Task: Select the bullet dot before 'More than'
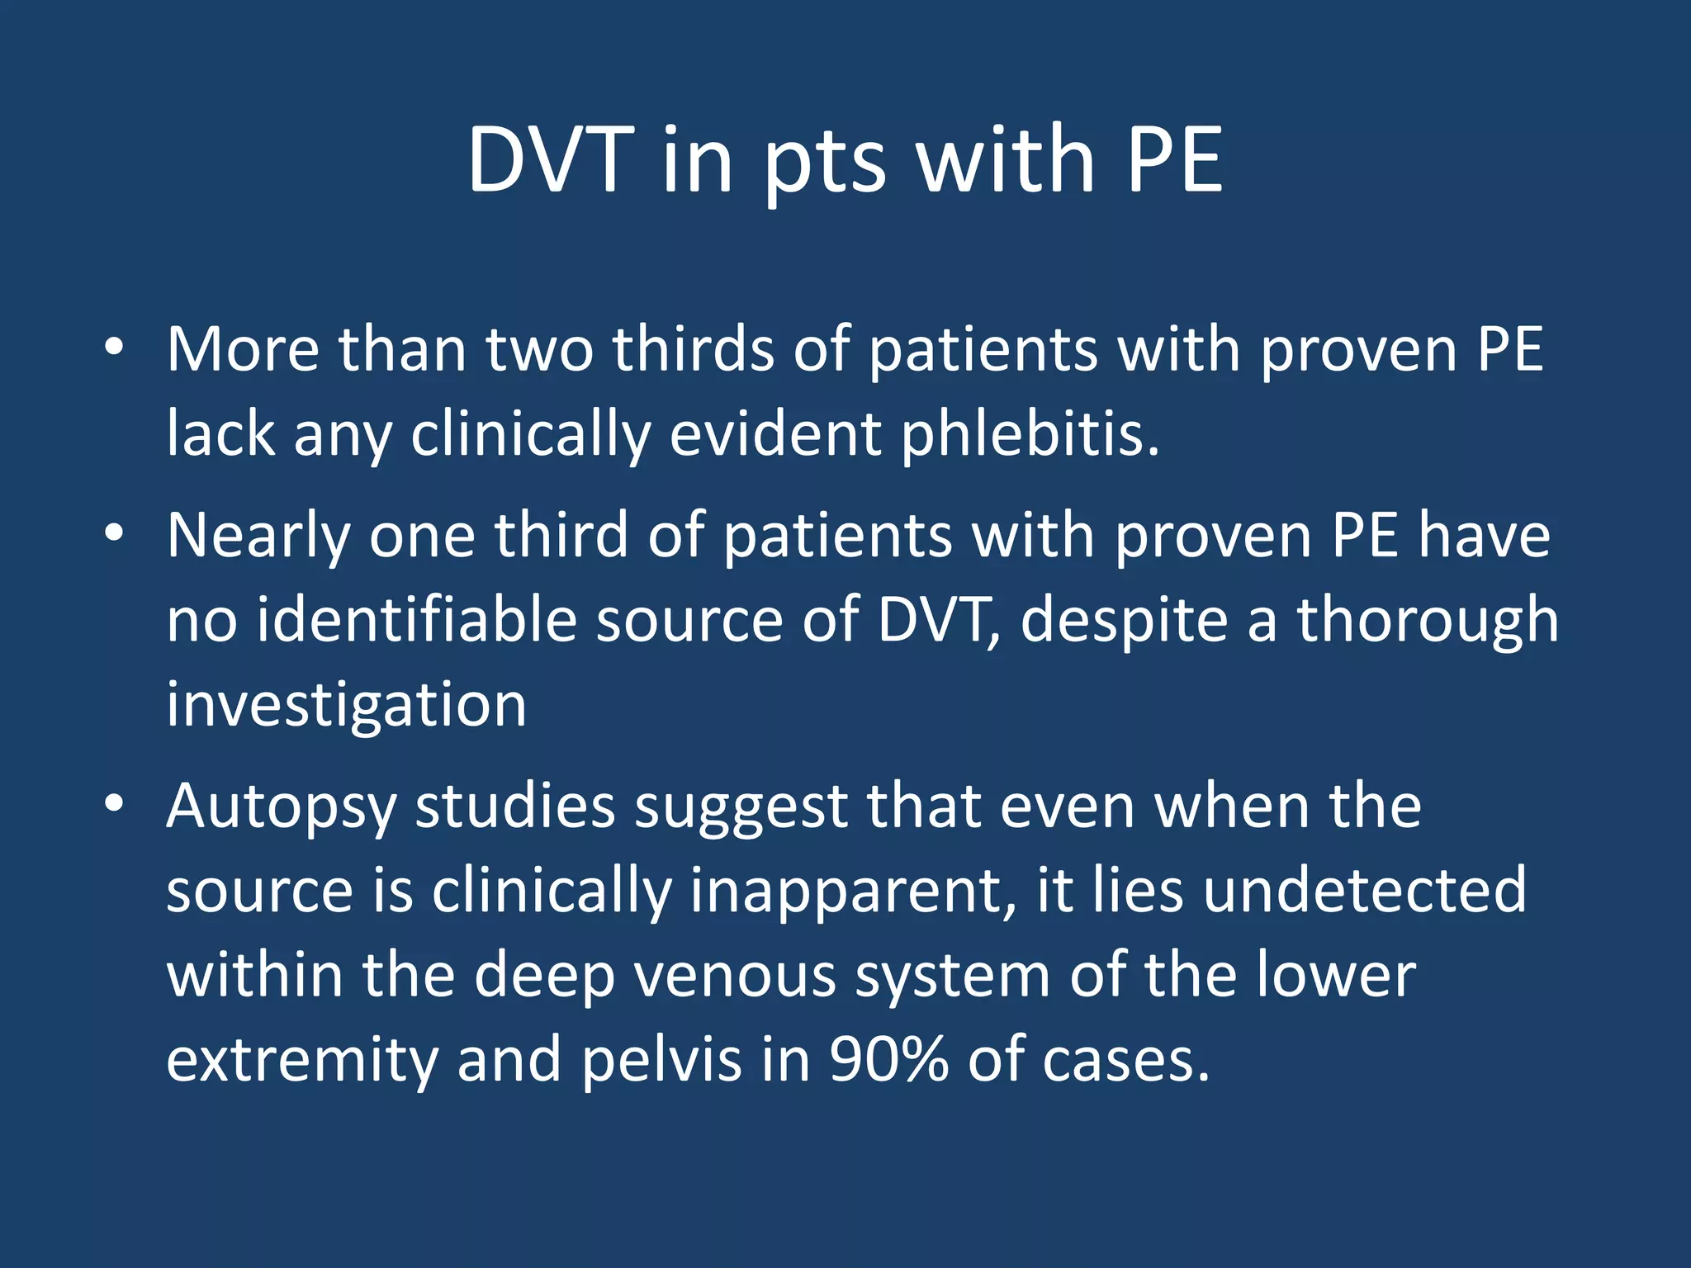[114, 348]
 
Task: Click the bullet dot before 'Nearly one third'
[114, 533]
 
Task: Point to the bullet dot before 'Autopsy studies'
[114, 802]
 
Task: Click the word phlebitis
[1030, 433]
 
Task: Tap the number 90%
[888, 1058]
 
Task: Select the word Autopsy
[281, 807]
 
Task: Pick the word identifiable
[416, 620]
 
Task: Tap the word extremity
[301, 1060]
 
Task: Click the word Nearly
[259, 537]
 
